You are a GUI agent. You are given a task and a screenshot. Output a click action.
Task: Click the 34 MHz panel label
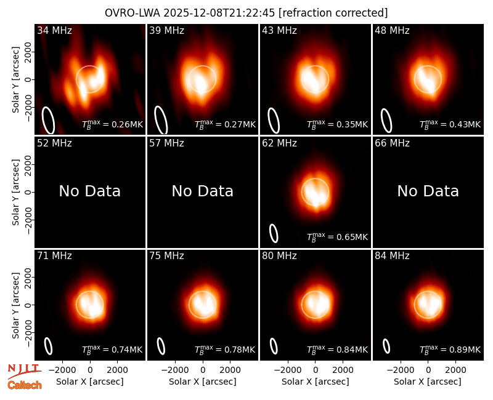[54, 30]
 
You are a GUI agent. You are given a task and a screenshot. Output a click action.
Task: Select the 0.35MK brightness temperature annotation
[337, 124]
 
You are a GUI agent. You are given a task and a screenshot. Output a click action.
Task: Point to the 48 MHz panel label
[392, 30]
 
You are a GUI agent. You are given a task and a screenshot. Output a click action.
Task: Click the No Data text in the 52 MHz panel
[90, 191]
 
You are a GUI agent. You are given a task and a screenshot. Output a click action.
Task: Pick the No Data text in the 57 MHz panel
[203, 191]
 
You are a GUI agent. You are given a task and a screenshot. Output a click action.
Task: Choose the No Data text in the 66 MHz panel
[428, 191]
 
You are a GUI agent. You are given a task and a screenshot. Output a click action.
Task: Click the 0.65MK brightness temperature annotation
[337, 237]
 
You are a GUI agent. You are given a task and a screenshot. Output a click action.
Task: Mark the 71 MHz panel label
[54, 256]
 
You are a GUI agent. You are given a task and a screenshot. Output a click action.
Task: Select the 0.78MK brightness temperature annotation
[225, 350]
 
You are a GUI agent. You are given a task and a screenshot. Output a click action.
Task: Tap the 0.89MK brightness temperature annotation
[450, 350]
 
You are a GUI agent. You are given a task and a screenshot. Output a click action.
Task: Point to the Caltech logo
[25, 385]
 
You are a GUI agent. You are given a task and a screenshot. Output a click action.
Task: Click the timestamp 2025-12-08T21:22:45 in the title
[219, 13]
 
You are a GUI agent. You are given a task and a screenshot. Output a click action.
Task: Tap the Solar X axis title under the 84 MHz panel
[428, 382]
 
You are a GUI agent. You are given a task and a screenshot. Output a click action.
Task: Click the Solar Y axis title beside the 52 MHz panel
[16, 192]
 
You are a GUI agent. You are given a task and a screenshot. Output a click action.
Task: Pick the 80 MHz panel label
[280, 256]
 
